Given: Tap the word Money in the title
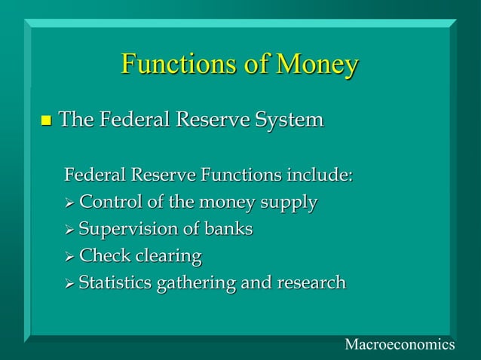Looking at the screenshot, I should click(x=316, y=66).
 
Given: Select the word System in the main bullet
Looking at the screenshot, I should click(x=290, y=121).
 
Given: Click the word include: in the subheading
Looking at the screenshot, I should click(x=319, y=176).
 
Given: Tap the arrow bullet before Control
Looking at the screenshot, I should click(x=70, y=203).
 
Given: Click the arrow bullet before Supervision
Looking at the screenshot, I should click(x=70, y=230).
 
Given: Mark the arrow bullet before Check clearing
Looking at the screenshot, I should click(x=70, y=257).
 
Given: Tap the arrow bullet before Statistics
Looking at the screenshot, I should click(x=70, y=284).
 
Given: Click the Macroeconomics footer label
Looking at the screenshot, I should click(x=399, y=344).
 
